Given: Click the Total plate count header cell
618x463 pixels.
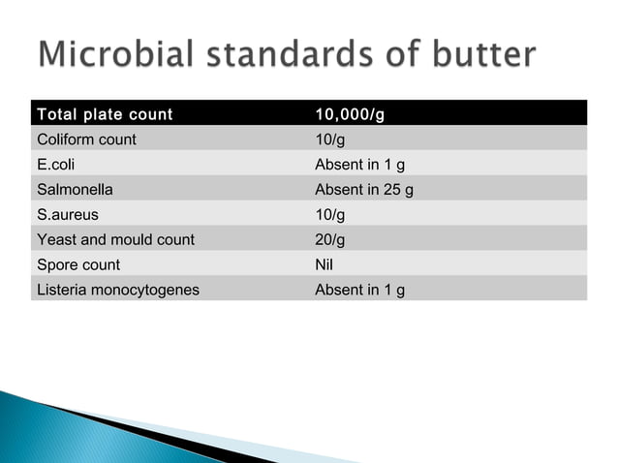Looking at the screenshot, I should coord(105,115).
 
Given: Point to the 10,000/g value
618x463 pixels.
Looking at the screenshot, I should coord(350,115).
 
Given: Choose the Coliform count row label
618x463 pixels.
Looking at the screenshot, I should coord(86,139).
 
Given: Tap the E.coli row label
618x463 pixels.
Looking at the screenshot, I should coord(55,165).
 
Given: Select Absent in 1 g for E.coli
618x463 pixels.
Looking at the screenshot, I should coord(359,165).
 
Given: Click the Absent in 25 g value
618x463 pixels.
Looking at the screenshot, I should coord(364,190).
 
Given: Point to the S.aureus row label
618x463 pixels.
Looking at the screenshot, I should coord(67,214).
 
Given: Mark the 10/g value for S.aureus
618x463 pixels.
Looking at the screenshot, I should coord(329,214).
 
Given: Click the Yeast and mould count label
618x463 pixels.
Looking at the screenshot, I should coord(115,239).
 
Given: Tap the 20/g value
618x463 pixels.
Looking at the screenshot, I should coord(329,239).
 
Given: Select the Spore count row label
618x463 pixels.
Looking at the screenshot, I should coord(78,264).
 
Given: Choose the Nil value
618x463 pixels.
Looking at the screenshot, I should coord(325,264).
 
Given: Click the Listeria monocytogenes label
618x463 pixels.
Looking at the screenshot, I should coord(118,290).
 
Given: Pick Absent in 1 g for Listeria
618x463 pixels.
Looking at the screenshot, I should coord(359,290).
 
